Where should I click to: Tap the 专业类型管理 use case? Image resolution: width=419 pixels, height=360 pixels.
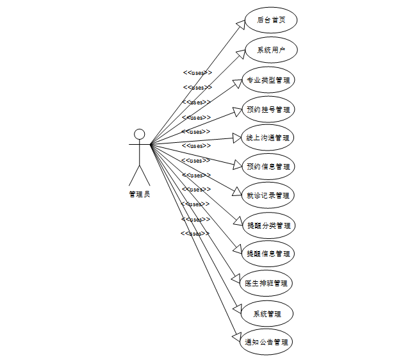(268, 81)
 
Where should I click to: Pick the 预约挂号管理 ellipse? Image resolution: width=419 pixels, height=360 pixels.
(268, 110)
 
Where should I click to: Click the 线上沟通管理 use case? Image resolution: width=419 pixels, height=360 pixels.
(268, 137)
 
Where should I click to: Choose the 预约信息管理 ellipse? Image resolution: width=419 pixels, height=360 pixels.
(268, 167)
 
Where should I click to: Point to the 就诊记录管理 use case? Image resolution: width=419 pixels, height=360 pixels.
(268, 195)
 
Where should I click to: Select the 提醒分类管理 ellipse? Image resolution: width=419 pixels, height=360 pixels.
(268, 225)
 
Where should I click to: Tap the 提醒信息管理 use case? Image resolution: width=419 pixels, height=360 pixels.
(268, 254)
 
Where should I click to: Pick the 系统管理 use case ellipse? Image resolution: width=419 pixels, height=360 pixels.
(267, 314)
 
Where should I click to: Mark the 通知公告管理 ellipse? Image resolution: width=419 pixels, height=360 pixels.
(267, 342)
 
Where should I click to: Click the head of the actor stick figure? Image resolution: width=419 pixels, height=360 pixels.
(139, 135)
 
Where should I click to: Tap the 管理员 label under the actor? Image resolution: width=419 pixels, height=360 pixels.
(139, 194)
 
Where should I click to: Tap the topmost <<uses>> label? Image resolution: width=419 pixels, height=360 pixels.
(197, 72)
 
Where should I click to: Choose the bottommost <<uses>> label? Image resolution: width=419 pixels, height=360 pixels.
(195, 233)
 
